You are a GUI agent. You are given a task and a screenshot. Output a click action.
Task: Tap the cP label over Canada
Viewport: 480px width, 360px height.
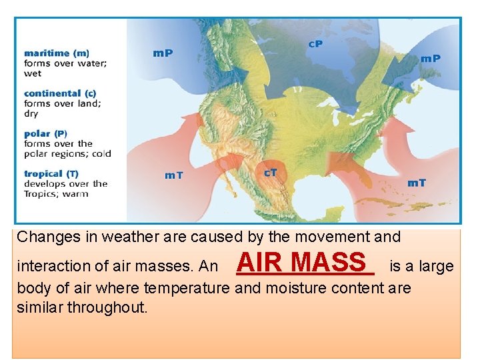click(316, 44)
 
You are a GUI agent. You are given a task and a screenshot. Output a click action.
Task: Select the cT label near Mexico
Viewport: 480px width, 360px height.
click(271, 172)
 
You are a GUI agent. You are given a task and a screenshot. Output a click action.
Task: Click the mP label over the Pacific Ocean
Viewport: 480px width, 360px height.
click(163, 53)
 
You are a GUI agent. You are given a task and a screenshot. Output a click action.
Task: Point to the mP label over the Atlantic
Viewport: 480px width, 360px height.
click(430, 58)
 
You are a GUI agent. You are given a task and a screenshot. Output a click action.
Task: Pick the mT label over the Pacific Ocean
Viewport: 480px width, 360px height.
click(174, 175)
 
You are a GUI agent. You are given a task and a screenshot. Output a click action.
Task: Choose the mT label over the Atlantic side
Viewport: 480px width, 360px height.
click(417, 182)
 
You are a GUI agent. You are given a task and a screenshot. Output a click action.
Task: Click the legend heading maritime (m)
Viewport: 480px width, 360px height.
click(57, 53)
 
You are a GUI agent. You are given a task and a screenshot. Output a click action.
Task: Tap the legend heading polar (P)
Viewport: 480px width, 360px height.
click(45, 133)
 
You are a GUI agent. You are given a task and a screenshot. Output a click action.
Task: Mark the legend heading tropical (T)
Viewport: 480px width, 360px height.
click(51, 173)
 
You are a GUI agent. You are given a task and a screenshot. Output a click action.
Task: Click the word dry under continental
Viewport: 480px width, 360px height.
click(31, 114)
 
